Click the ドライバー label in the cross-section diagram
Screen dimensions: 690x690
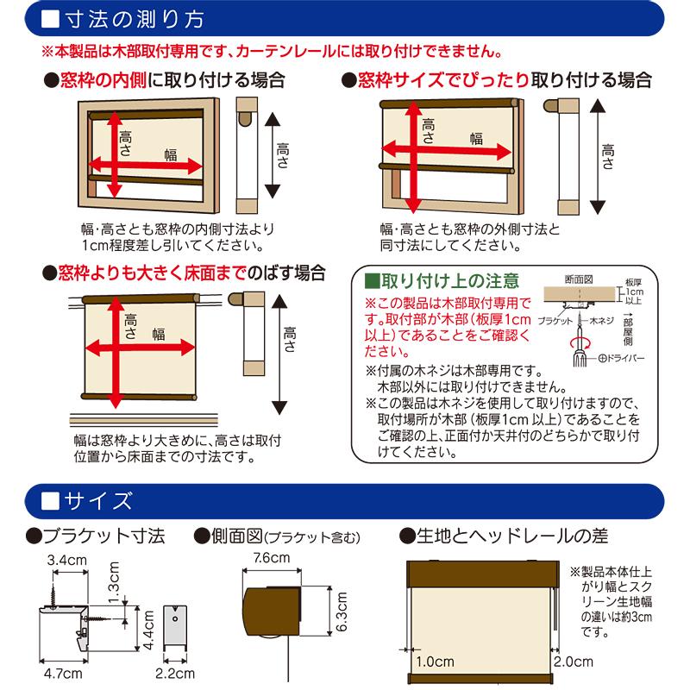coord(624,356)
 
